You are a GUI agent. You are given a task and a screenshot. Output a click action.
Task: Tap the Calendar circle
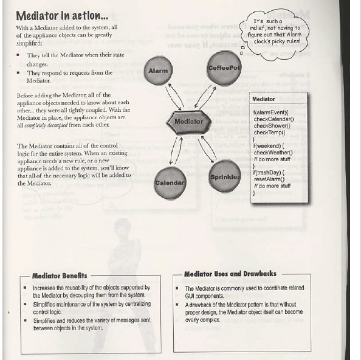[170, 182]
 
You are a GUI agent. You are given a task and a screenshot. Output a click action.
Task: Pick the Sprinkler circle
[225, 177]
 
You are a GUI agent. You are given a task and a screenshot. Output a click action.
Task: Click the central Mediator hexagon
[188, 122]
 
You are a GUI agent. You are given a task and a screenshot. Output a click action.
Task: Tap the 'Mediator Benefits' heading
[59, 275]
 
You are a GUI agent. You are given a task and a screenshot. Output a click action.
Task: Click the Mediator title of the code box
[263, 99]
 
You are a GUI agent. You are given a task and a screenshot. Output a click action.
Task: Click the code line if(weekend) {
[269, 146]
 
